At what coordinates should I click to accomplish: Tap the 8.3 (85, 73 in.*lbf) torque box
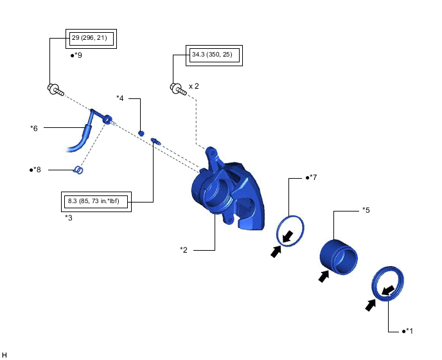click(x=94, y=202)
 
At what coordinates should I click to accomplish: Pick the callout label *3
click(x=69, y=218)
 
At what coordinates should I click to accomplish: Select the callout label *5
click(x=366, y=210)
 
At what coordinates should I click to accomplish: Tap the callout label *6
click(x=34, y=128)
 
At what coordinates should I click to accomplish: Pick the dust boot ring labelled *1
click(x=389, y=284)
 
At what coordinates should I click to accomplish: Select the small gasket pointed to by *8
click(x=78, y=170)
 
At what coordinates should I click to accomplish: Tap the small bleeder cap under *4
click(x=141, y=132)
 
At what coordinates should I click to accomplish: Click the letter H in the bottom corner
click(x=4, y=354)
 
